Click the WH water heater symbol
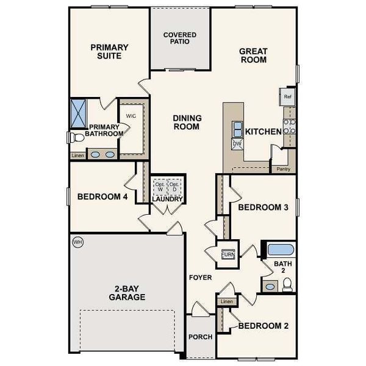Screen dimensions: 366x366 [x=77, y=242]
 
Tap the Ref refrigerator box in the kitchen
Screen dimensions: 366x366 [x=287, y=96]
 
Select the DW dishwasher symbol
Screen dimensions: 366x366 [x=237, y=144]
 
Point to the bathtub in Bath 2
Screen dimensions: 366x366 [x=281, y=249]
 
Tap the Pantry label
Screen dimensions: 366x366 [x=283, y=169]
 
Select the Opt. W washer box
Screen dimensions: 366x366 [x=160, y=187]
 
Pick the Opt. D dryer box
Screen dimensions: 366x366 [x=174, y=187]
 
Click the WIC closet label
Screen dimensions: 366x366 [x=131, y=115]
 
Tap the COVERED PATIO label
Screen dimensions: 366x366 [x=180, y=38]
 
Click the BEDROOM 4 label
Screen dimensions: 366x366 [x=102, y=197]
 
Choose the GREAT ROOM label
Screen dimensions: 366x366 [x=254, y=56]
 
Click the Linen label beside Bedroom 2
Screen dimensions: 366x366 [x=227, y=302]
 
